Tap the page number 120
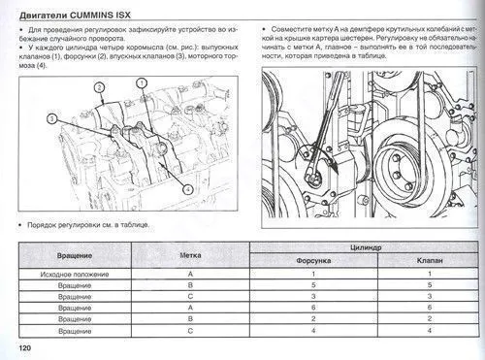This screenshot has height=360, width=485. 13,348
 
